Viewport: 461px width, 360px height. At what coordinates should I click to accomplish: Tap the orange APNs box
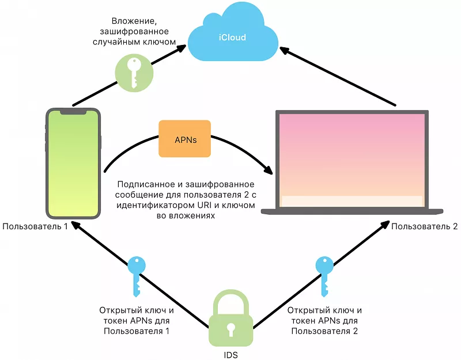tap(184, 139)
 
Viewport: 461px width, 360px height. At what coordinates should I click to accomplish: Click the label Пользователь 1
tap(35, 226)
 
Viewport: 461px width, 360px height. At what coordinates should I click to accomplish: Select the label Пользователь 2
tap(425, 226)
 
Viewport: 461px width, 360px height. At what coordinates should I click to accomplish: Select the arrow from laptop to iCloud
tap(340, 77)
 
